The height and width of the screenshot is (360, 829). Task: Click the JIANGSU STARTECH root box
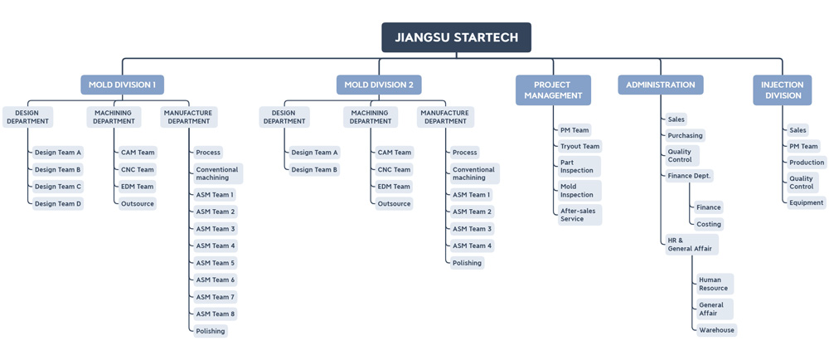(x=456, y=37)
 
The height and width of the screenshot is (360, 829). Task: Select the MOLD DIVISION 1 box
(x=122, y=85)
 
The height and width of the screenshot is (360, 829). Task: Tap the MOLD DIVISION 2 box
(x=379, y=85)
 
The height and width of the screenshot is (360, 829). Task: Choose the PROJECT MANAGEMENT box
(x=554, y=90)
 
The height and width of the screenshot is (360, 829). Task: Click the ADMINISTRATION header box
(x=661, y=85)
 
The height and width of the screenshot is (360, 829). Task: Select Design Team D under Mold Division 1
(x=58, y=203)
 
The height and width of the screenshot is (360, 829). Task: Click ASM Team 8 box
(x=216, y=314)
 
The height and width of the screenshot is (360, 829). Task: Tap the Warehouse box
(x=716, y=330)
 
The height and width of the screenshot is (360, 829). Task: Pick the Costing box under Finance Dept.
(x=709, y=224)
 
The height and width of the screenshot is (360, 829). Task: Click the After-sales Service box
(x=580, y=215)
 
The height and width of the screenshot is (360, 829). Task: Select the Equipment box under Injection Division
(x=807, y=202)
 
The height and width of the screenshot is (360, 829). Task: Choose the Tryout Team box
(x=580, y=147)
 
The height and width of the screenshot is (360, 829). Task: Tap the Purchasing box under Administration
(x=685, y=136)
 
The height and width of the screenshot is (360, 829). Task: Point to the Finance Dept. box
(x=690, y=176)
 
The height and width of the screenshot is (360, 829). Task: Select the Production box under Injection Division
(x=807, y=163)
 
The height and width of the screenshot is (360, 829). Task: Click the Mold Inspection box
(x=580, y=190)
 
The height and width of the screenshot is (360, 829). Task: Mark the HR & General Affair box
(x=691, y=244)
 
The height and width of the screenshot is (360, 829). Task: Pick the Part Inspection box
(x=579, y=167)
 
